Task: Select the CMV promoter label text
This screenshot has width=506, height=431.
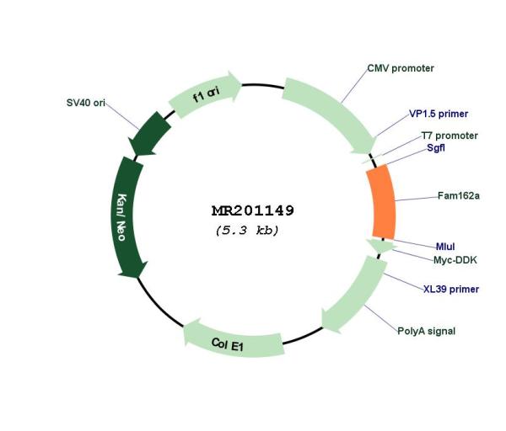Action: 401,68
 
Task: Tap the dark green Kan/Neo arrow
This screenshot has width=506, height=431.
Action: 128,216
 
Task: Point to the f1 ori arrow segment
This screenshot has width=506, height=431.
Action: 206,93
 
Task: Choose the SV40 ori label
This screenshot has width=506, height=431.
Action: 85,103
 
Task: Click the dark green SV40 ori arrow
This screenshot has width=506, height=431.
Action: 149,134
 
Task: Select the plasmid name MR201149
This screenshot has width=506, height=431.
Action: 253,211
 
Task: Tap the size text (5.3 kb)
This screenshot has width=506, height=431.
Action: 247,231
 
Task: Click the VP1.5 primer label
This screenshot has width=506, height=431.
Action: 439,114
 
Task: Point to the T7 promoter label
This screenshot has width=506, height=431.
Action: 449,136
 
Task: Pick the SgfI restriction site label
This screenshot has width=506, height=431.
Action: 436,148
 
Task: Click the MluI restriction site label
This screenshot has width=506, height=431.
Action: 445,247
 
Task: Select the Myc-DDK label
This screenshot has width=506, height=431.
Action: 455,260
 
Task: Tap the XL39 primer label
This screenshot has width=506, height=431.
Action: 451,289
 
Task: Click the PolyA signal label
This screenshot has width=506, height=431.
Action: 426,331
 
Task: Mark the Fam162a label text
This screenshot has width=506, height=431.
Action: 459,195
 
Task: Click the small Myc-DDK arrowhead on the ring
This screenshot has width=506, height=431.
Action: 381,246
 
